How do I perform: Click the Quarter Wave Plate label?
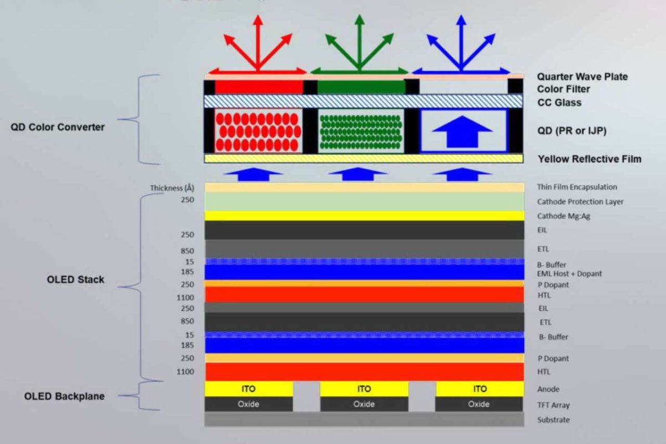tap(582, 77)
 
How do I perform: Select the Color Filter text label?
tap(563, 89)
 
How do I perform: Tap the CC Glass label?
tap(559, 103)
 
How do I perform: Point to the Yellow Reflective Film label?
tap(589, 159)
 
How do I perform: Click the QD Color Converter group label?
tap(58, 127)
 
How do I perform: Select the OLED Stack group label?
tap(75, 280)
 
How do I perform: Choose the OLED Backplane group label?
tap(64, 396)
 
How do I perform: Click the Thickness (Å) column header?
tap(172, 188)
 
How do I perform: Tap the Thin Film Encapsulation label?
tap(577, 187)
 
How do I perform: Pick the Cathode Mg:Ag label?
tap(563, 216)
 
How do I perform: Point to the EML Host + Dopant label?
tap(569, 274)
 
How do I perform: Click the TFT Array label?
tap(553, 405)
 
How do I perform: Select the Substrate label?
tap(553, 420)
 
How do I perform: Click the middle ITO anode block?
tap(364, 389)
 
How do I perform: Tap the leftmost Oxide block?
tap(249, 404)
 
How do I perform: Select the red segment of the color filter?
tap(259, 87)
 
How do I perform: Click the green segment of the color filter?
tap(361, 87)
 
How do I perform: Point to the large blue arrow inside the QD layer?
tap(462, 132)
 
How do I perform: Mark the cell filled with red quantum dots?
tap(259, 131)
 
